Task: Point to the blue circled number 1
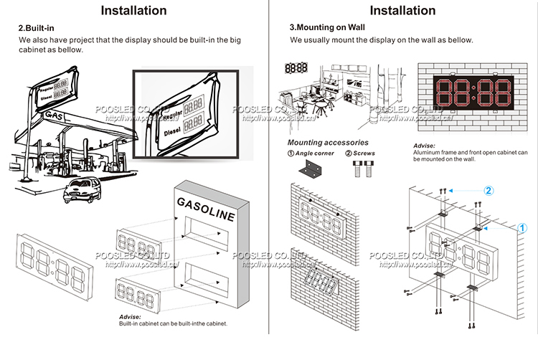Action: [x=523, y=227]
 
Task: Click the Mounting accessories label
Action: [x=328, y=143]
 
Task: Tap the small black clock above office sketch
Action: [x=296, y=68]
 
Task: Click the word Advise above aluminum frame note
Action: [x=424, y=146]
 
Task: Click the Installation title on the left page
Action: [x=133, y=10]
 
